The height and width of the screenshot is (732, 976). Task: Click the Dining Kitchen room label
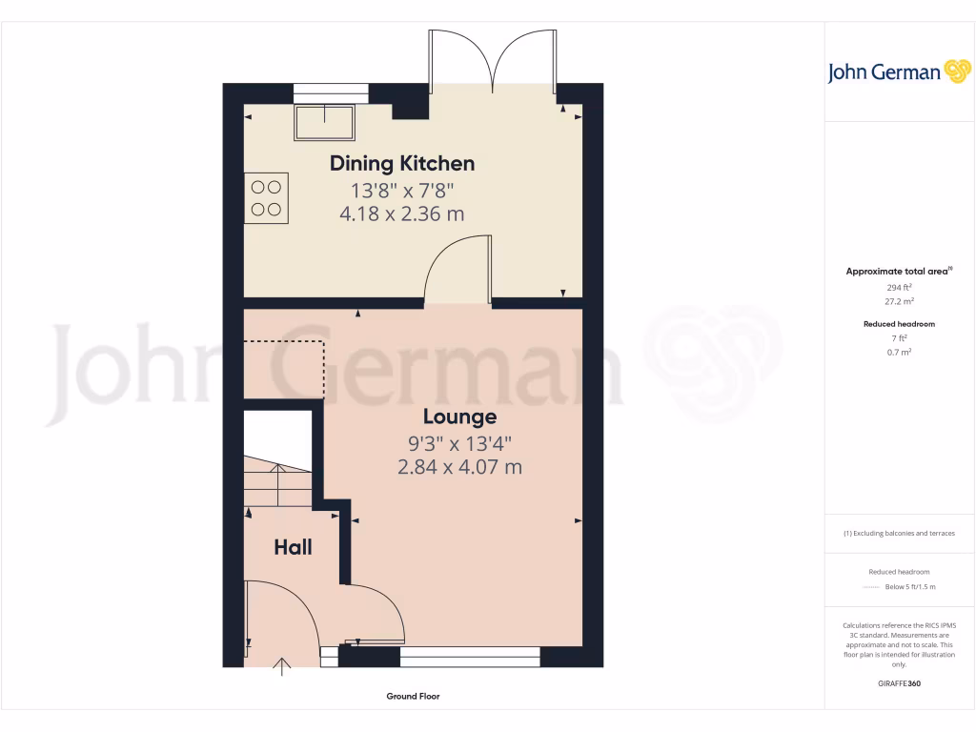[402, 163]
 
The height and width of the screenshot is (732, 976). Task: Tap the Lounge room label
[459, 417]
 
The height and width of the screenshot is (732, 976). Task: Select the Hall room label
[293, 547]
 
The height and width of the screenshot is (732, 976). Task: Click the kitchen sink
[325, 123]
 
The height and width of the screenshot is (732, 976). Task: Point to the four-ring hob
[266, 197]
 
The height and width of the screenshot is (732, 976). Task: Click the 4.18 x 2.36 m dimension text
[402, 214]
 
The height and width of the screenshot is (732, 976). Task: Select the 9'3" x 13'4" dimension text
[459, 442]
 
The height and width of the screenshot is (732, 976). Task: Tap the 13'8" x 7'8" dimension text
[402, 189]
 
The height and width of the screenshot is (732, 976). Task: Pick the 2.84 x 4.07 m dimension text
[459, 467]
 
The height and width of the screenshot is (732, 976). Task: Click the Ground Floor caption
[413, 697]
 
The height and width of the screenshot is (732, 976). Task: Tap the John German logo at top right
[898, 72]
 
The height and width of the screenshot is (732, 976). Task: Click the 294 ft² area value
[899, 286]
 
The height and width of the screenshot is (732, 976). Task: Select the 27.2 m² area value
[899, 299]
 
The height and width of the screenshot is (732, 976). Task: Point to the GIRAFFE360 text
[899, 683]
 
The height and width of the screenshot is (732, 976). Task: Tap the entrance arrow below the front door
[282, 666]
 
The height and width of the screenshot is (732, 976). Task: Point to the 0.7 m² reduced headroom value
[899, 352]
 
